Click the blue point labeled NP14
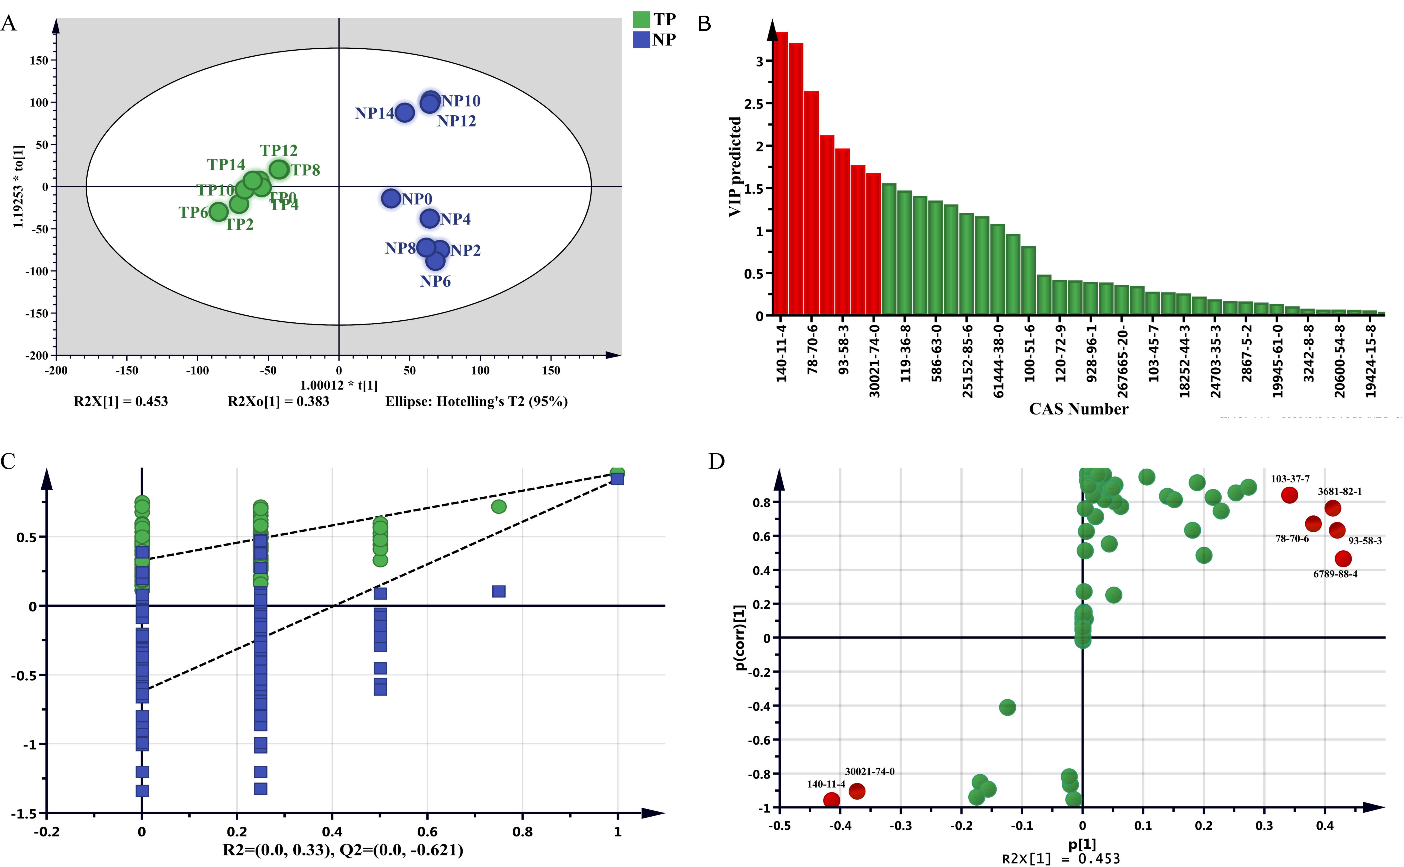pos(404,112)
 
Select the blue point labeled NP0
pos(391,198)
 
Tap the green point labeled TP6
pos(218,212)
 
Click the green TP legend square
pos(641,19)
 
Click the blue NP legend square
pos(641,40)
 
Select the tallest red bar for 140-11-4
pos(781,172)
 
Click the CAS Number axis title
pos(1078,409)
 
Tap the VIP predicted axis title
pos(735,166)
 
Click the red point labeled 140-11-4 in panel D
pos(831,800)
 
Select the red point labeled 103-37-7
pos(1289,495)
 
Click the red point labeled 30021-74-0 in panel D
pos(857,791)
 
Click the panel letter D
pos(716,461)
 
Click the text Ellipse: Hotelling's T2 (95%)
pos(476,401)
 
